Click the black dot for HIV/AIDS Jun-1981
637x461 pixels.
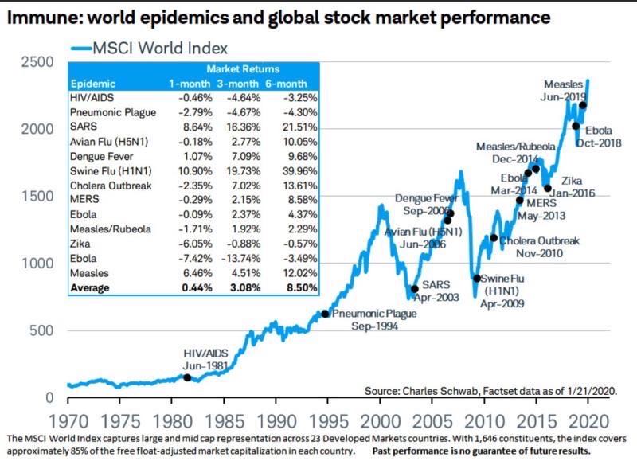click(x=187, y=377)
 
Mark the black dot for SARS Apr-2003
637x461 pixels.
click(x=414, y=289)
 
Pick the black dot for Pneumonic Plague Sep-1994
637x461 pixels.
click(x=325, y=314)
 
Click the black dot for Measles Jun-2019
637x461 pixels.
click(x=583, y=105)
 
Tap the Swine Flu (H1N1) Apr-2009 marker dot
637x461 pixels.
click(x=477, y=278)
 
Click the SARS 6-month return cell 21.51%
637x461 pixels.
click(x=297, y=126)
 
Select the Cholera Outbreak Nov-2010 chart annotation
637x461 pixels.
click(x=539, y=246)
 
